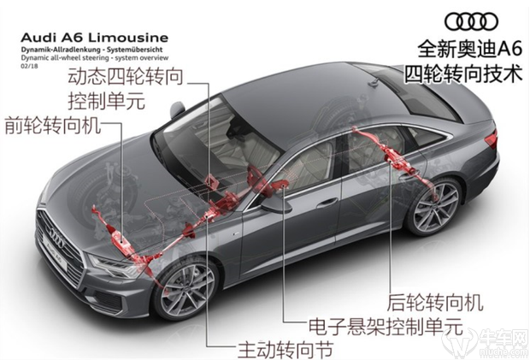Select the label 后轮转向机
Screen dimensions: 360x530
click(x=436, y=302)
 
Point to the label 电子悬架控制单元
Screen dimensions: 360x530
click(x=384, y=326)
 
